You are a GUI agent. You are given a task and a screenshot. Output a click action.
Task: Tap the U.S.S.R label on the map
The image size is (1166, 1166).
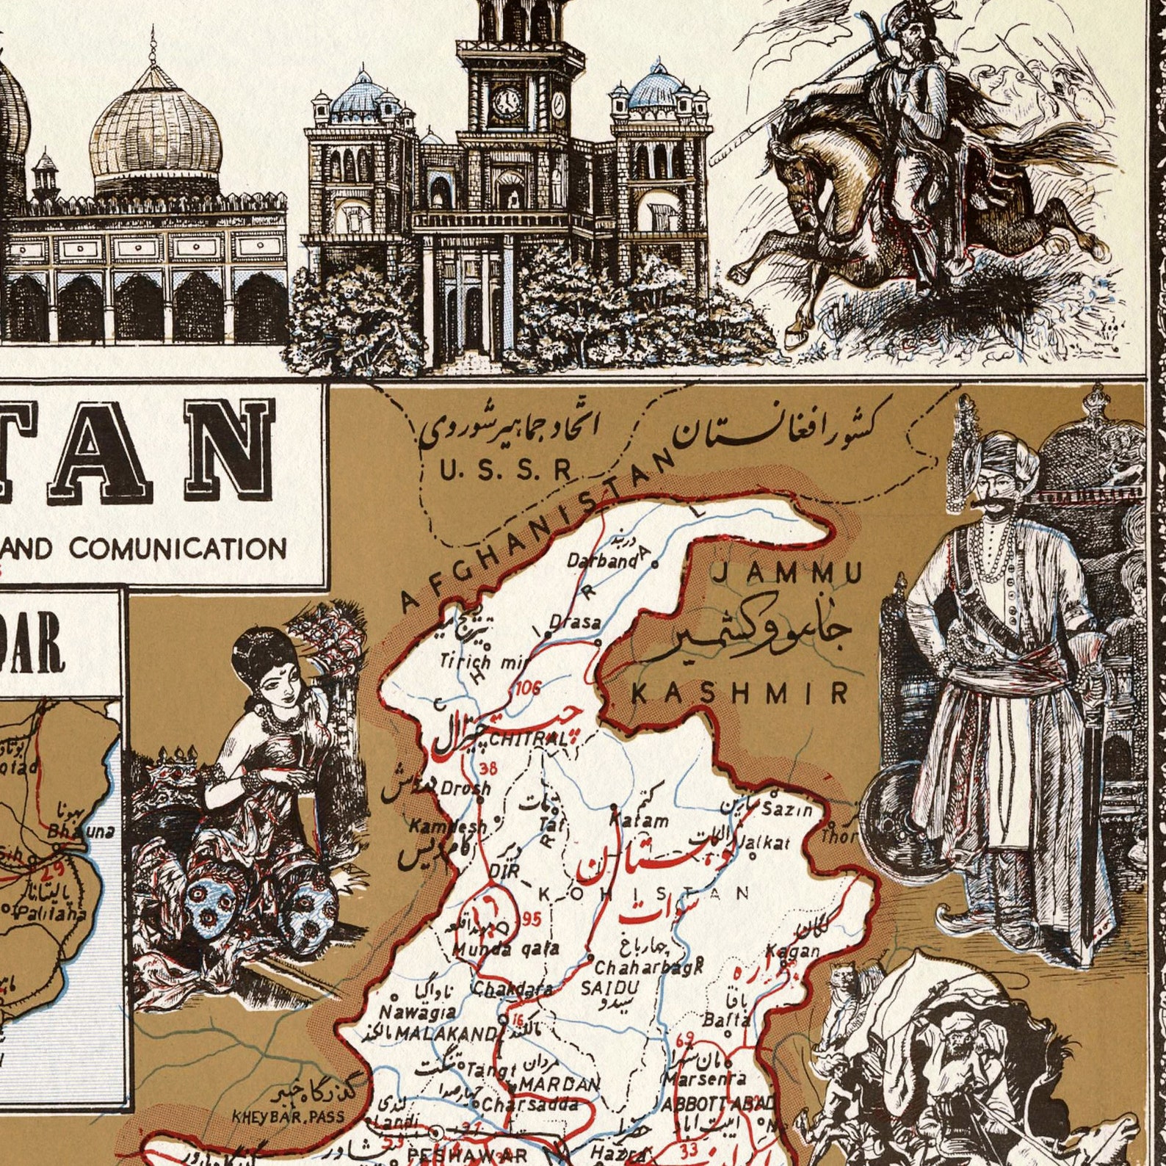505,470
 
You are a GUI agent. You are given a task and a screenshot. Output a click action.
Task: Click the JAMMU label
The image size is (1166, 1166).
788,572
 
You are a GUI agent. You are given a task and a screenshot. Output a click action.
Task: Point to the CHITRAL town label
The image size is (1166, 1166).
527,739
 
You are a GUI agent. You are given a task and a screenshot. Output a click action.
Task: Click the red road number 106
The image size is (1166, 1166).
528,688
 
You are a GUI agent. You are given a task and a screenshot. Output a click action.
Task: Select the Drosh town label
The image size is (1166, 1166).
465,787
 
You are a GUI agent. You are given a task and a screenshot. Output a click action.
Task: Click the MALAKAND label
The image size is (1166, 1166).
446,1033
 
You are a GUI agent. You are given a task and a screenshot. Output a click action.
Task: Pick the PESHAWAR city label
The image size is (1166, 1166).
467,1155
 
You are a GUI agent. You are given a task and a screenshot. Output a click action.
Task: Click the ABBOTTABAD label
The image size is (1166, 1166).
717,1104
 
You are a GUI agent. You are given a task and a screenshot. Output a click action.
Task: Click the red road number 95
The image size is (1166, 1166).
532,919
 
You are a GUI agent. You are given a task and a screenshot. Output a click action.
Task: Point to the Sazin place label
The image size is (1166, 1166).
786,811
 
